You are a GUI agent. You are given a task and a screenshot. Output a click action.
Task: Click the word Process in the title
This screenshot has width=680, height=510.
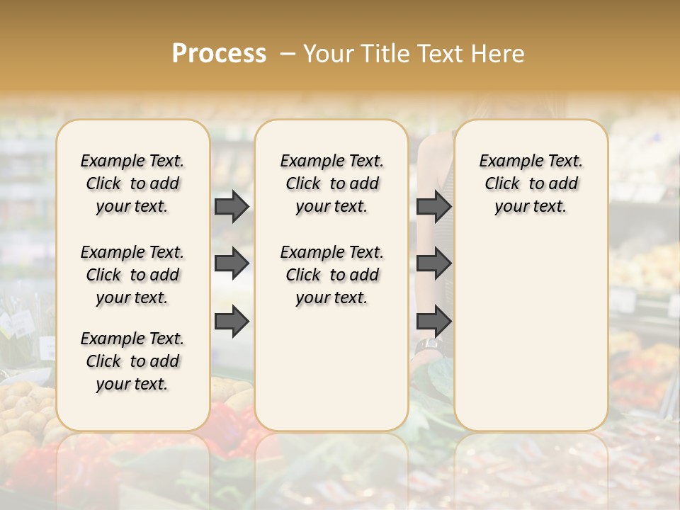coord(219,54)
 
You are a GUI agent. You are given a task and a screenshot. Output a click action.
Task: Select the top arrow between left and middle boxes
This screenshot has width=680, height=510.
coord(232,206)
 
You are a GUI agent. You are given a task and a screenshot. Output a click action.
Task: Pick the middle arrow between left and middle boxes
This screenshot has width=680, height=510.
coord(232,263)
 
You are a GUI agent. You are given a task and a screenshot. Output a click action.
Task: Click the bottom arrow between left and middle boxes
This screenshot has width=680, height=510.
coord(232,322)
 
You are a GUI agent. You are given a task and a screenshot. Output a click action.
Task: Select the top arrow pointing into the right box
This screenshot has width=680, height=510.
coord(434,206)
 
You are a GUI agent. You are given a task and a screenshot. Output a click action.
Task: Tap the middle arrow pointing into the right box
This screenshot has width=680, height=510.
coord(434,263)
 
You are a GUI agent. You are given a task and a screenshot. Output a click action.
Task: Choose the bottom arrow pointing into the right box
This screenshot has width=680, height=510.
coord(434,322)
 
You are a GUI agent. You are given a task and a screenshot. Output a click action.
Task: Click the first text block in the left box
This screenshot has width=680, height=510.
coord(132,183)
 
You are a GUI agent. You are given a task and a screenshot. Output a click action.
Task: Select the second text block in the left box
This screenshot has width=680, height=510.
coord(132,275)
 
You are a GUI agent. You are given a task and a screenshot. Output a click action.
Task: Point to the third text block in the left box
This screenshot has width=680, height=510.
coord(132,361)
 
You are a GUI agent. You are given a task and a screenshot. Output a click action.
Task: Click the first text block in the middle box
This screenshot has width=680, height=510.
coord(331,183)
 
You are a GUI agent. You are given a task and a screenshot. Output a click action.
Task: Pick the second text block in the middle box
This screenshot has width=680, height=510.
coord(331,275)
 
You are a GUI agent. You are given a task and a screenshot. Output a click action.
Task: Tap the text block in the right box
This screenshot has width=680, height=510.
coord(531,183)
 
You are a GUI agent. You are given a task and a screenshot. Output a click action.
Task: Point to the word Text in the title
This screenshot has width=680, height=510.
coord(439,54)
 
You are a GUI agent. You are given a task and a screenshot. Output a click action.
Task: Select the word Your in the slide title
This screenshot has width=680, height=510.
coord(329,54)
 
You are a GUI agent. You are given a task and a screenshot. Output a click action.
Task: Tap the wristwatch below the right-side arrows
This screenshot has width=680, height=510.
coord(429,346)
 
